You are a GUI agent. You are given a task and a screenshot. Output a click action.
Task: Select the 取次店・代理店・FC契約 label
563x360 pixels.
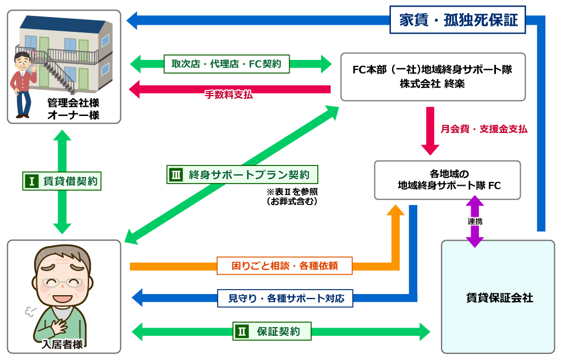click(x=226, y=64)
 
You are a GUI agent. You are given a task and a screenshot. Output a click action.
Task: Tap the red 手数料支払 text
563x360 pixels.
click(x=229, y=95)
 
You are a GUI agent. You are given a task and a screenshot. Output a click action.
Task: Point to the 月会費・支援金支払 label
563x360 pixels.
click(x=483, y=129)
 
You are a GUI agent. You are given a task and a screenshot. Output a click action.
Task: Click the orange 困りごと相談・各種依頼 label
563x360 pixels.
click(x=284, y=266)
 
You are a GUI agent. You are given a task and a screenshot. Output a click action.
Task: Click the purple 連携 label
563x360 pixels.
click(x=475, y=221)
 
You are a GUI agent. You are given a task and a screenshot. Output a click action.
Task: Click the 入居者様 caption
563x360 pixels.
click(x=63, y=345)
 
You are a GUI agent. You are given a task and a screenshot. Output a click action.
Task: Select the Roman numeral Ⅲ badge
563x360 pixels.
click(x=176, y=175)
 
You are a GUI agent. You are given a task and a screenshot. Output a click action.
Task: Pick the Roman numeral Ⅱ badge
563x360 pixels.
click(x=242, y=331)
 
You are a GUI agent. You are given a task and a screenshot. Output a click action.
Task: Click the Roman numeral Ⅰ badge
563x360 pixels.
click(x=31, y=181)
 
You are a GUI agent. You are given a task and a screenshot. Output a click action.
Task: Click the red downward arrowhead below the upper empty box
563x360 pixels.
click(x=430, y=149)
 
